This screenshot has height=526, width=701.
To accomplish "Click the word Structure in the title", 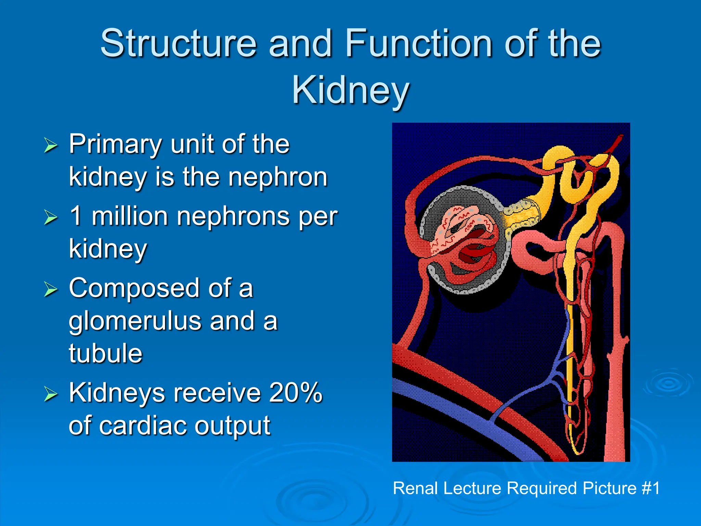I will coord(178,43).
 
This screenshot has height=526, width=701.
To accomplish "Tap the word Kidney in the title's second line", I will coord(350,90).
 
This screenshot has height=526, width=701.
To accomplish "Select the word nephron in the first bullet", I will coord(278,177).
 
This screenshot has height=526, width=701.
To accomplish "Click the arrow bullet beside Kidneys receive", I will coord(51,394).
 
